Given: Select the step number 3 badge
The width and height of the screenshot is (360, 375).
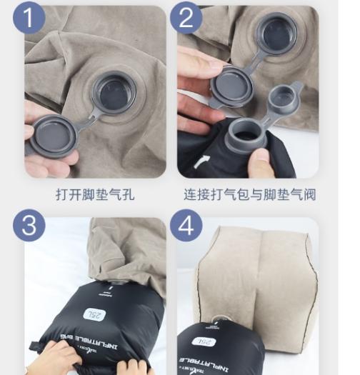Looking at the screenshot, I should tap(29, 226).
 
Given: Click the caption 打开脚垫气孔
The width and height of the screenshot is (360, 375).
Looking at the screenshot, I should tap(95, 194).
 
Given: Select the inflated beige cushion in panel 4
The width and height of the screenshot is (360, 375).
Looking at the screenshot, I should tap(257, 271).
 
